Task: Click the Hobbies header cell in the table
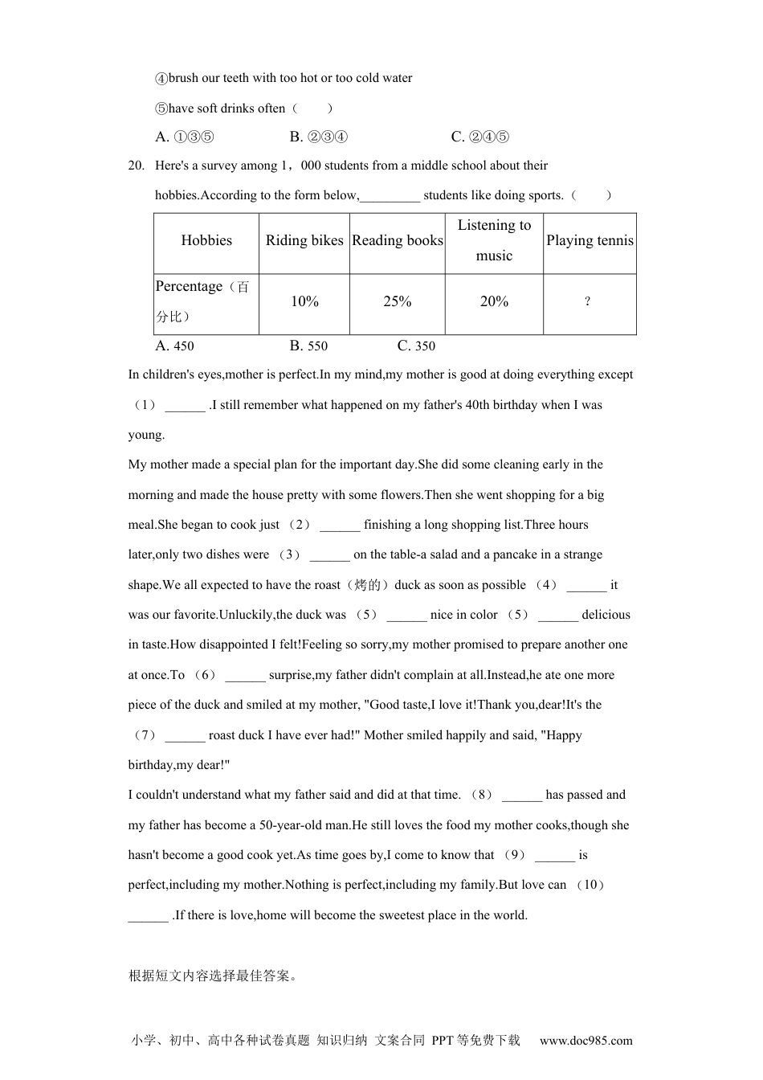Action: (x=206, y=240)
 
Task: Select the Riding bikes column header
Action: (x=304, y=240)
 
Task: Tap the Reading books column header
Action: (x=398, y=240)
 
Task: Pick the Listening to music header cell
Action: (x=494, y=240)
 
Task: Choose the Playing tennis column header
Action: (x=590, y=240)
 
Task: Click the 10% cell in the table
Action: (x=304, y=302)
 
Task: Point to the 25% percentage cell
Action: (x=398, y=302)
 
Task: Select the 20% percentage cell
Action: (x=494, y=302)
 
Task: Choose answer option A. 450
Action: (x=174, y=346)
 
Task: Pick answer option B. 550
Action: (x=308, y=346)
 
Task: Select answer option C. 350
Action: (x=416, y=346)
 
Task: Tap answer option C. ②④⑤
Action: (x=480, y=137)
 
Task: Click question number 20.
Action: (x=136, y=166)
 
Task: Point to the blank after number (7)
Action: (x=185, y=736)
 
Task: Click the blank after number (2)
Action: (x=340, y=526)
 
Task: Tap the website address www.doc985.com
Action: (x=586, y=1041)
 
